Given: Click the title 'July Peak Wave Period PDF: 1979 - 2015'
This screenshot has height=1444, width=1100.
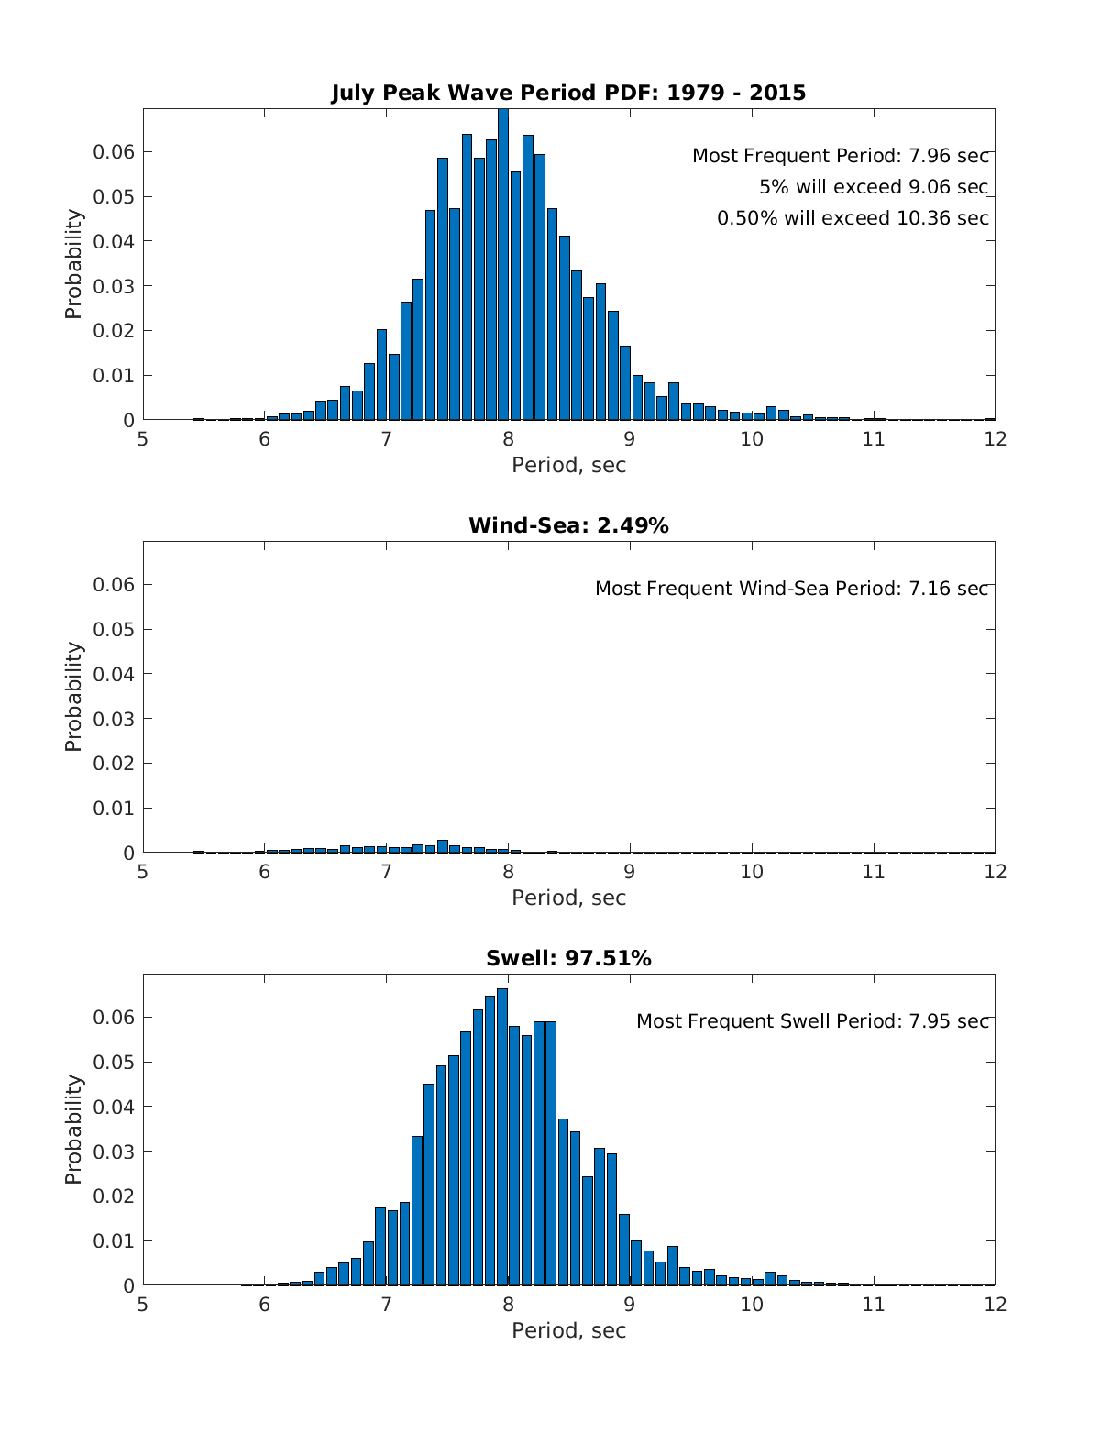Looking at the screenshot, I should pyautogui.click(x=568, y=93).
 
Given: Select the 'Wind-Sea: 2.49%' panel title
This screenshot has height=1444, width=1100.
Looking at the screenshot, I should pyautogui.click(x=568, y=525).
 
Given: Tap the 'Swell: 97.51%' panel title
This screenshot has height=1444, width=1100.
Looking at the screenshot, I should pyautogui.click(x=568, y=958).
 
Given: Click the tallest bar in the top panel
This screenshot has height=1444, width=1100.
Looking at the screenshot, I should pyautogui.click(x=503, y=266).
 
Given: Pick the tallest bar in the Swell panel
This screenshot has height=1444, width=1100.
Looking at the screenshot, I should pyautogui.click(x=502, y=1137).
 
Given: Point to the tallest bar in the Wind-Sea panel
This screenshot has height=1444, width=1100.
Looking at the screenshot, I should pyautogui.click(x=443, y=846).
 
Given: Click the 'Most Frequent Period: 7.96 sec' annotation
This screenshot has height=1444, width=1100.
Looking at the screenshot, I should pyautogui.click(x=841, y=156).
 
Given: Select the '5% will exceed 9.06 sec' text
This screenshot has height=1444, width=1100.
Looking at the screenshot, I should pyautogui.click(x=874, y=187).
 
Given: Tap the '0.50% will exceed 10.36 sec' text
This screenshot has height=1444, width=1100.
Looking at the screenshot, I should pyautogui.click(x=852, y=218).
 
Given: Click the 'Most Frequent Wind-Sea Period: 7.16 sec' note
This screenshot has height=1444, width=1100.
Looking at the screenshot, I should pyautogui.click(x=792, y=589).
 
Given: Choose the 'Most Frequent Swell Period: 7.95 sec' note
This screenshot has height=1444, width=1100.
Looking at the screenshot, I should pyautogui.click(x=813, y=1021).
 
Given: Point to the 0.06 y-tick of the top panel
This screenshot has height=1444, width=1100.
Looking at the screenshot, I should pyautogui.click(x=114, y=151).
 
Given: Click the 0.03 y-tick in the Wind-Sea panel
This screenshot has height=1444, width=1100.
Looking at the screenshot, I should pyautogui.click(x=114, y=719).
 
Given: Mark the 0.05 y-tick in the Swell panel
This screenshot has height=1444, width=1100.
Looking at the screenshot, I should pyautogui.click(x=114, y=1062).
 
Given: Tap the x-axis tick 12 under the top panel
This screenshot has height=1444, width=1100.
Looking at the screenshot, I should pyautogui.click(x=995, y=438).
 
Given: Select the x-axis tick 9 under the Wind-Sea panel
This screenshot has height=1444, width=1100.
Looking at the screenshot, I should pyautogui.click(x=630, y=871).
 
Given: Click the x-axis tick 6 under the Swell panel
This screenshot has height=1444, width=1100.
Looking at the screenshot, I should pyautogui.click(x=264, y=1304).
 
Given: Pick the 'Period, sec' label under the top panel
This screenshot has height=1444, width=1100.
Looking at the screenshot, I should pyautogui.click(x=568, y=465).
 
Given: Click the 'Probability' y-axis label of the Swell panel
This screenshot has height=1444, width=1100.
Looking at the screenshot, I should pyautogui.click(x=73, y=1130).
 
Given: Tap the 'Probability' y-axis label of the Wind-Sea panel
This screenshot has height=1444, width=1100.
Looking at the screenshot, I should pyautogui.click(x=73, y=697).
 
